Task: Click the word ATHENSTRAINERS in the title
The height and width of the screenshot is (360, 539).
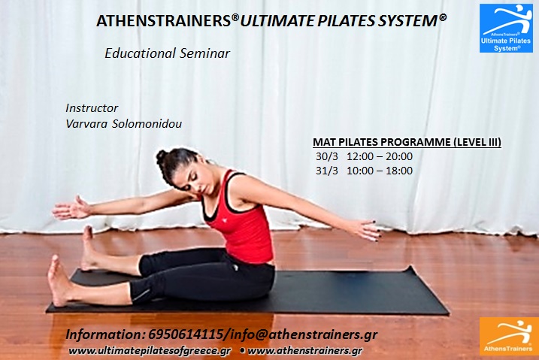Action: (x=164, y=21)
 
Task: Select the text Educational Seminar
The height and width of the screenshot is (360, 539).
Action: (x=168, y=53)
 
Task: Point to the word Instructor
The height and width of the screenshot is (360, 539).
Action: (x=92, y=108)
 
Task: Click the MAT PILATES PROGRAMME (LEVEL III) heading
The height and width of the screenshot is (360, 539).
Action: (x=407, y=142)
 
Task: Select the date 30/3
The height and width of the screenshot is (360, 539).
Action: (x=327, y=156)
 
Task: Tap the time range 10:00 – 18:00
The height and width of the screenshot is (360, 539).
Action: (x=380, y=171)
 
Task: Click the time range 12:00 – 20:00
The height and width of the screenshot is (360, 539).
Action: (x=380, y=156)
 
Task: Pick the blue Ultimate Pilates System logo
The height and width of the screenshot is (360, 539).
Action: (x=506, y=28)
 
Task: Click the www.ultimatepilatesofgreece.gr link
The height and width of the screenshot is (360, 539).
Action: (x=150, y=351)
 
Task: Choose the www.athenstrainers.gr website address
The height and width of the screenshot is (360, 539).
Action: (x=305, y=351)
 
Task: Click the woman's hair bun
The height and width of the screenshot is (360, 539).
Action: (x=161, y=156)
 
